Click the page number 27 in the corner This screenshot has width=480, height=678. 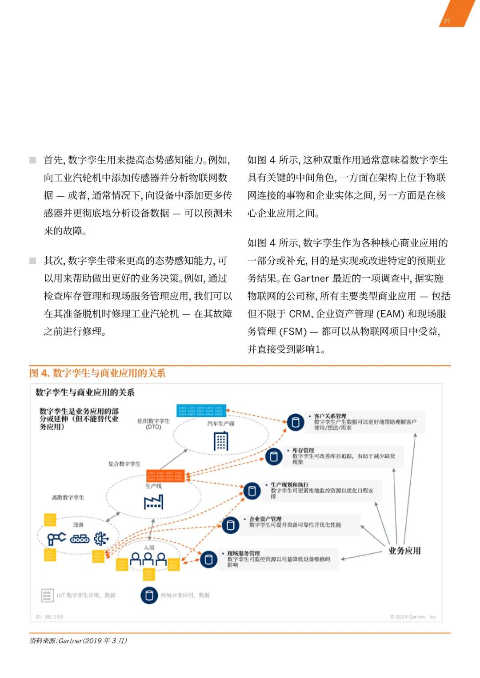[447, 20]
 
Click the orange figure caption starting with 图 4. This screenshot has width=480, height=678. [97, 373]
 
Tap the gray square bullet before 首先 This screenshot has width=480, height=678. [33, 160]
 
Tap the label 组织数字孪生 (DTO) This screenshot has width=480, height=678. [153, 424]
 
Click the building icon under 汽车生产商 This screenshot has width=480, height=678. [221, 441]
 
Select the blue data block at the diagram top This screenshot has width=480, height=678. [201, 410]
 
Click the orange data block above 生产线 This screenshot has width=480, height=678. [165, 476]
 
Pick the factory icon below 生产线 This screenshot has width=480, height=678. [154, 502]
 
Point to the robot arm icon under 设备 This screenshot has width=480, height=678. [56, 539]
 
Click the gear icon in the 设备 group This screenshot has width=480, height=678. [101, 539]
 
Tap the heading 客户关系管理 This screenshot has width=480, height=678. [330, 416]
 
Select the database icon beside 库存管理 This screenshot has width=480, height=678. [274, 456]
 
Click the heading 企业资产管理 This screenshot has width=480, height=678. [265, 519]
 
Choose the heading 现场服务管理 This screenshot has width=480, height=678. [244, 553]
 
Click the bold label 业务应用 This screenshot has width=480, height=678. [404, 551]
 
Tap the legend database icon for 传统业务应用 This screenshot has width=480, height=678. [149, 595]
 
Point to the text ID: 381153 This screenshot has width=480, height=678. [49, 617]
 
